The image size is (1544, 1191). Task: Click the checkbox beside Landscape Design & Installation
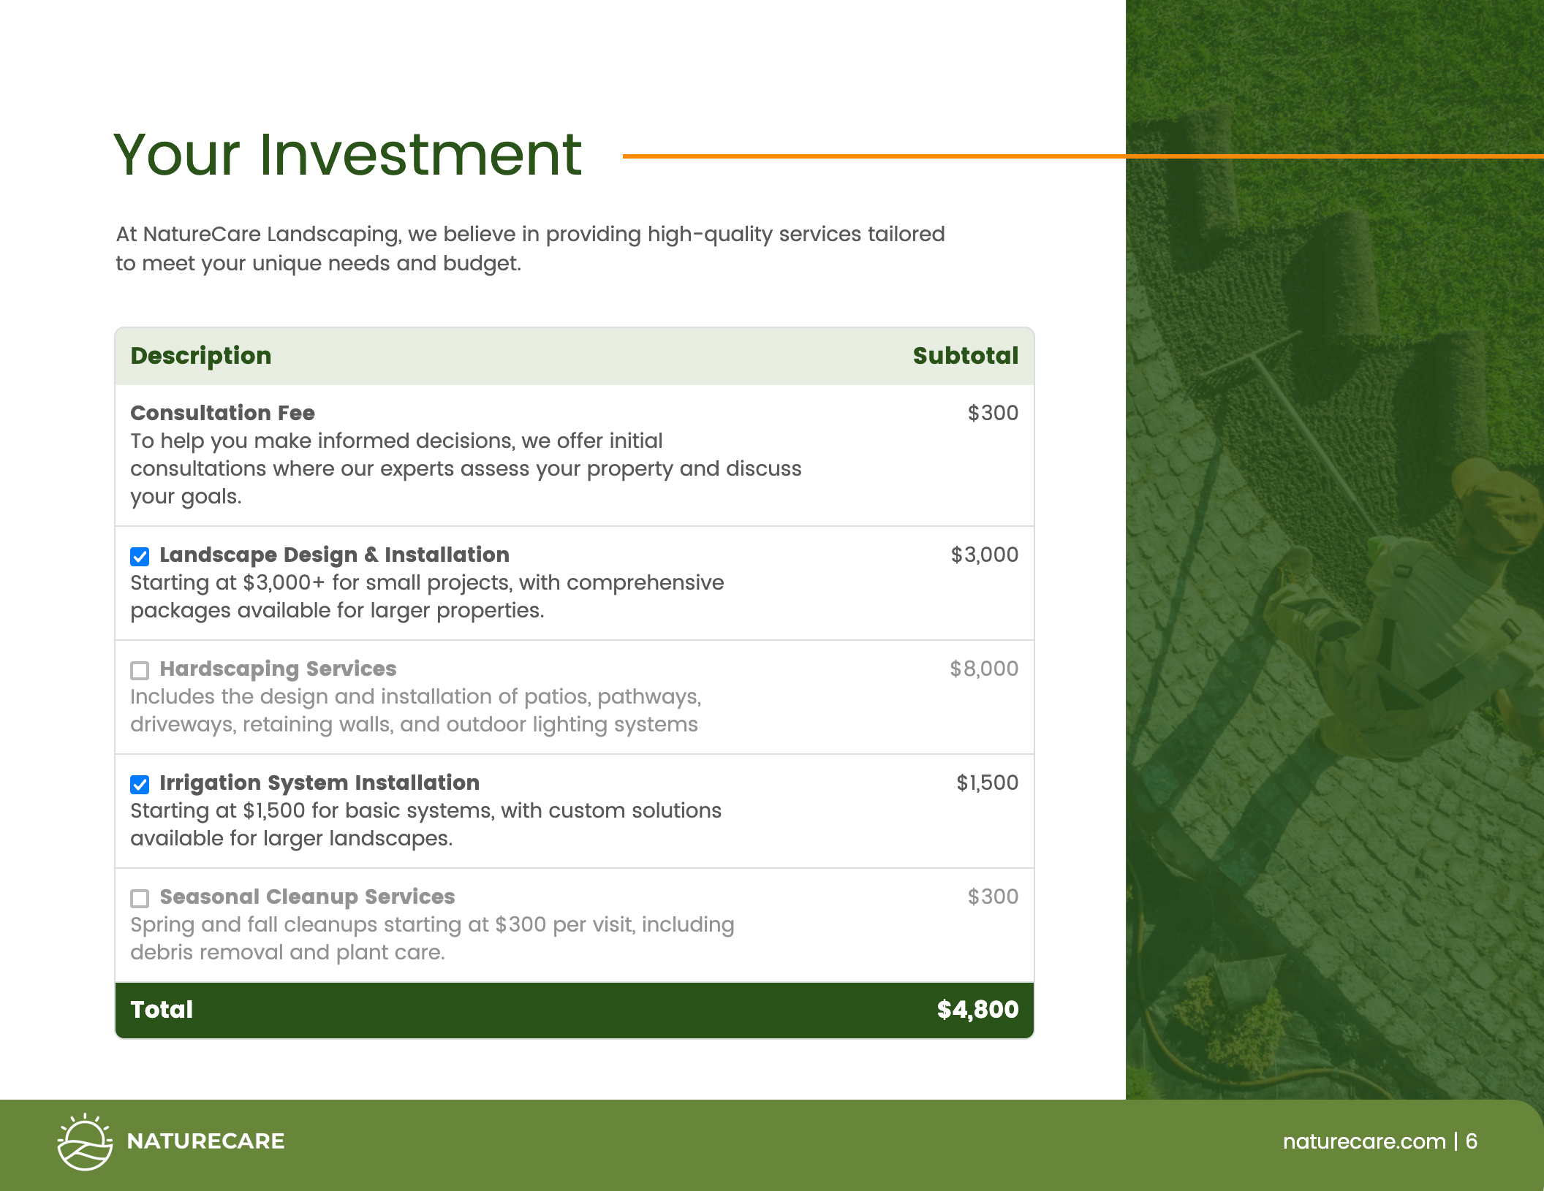(x=140, y=557)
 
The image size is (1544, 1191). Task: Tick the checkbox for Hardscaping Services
(x=140, y=671)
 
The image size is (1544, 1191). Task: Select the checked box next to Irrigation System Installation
(x=140, y=785)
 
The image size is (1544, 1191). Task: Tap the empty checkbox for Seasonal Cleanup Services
(x=140, y=899)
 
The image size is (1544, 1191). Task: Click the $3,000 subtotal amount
(x=984, y=555)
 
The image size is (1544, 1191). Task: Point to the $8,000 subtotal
(x=983, y=669)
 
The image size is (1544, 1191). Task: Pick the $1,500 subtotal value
(x=987, y=783)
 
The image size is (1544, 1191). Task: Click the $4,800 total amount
(x=977, y=1010)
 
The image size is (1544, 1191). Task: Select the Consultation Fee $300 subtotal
(x=993, y=414)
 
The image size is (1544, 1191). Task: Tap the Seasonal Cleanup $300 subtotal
(x=993, y=897)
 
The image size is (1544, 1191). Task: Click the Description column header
(x=201, y=356)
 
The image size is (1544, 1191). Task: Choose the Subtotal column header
(x=965, y=356)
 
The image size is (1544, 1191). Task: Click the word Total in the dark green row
(x=162, y=1010)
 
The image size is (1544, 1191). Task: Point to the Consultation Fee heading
(x=222, y=414)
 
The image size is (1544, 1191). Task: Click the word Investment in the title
(x=420, y=155)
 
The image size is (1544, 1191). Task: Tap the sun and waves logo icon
(x=85, y=1142)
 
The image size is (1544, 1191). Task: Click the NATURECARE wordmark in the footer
(x=205, y=1141)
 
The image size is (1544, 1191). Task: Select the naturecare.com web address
(x=1364, y=1141)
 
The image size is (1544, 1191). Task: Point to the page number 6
(x=1472, y=1141)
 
